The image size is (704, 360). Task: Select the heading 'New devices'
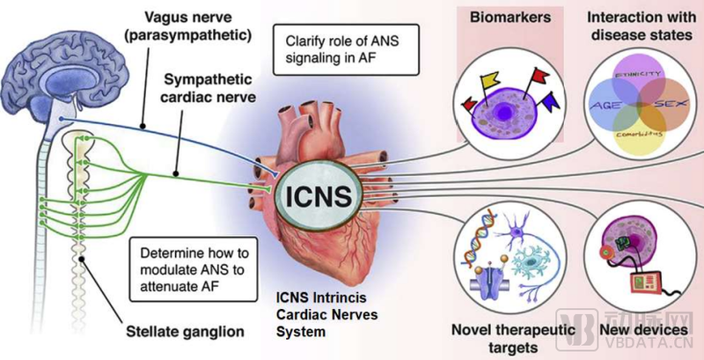pos(643,330)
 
